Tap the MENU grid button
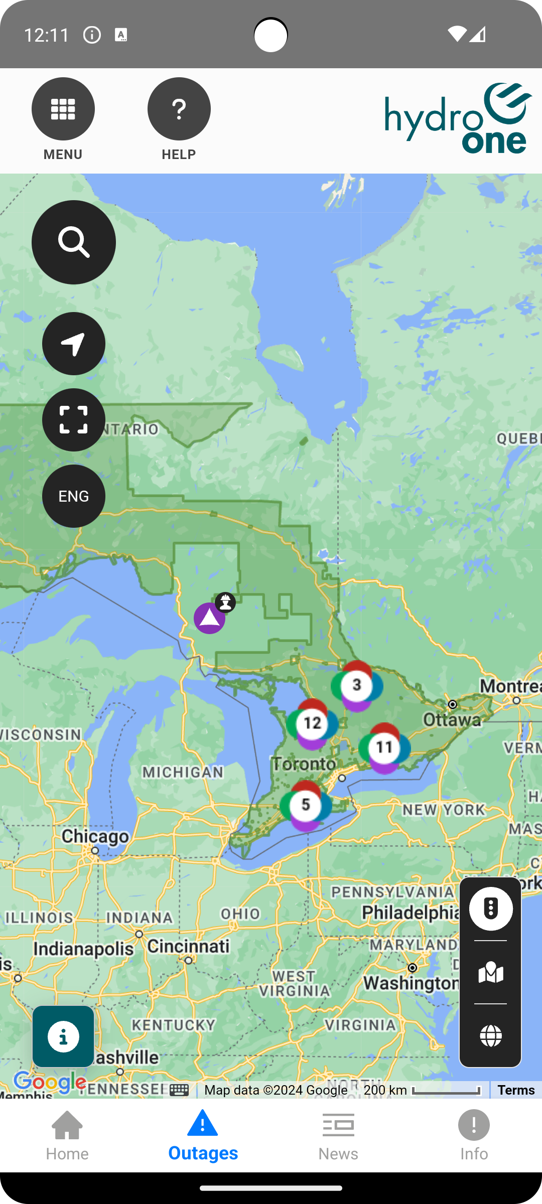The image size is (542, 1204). click(x=63, y=109)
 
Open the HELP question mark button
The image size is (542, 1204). click(x=179, y=109)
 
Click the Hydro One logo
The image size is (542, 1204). click(x=458, y=118)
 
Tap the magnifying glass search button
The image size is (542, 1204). click(x=74, y=242)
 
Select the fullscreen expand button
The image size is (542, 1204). click(x=74, y=420)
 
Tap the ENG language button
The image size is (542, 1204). click(x=74, y=496)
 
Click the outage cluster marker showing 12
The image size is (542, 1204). click(x=312, y=723)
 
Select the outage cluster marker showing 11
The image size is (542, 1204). click(x=384, y=747)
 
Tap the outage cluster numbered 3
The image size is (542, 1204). click(x=357, y=685)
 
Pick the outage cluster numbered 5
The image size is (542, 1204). click(x=306, y=805)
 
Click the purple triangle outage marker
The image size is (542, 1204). click(x=209, y=618)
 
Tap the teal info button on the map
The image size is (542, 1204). click(x=63, y=1036)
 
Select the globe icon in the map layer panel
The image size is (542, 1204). click(x=490, y=1035)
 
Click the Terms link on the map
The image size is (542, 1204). click(x=516, y=1090)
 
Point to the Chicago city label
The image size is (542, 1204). click(x=95, y=837)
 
